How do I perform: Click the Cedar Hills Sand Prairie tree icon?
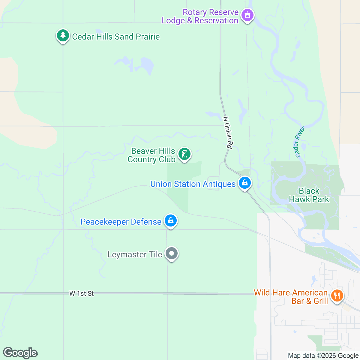click(63, 36)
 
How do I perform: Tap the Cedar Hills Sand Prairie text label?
click(116, 37)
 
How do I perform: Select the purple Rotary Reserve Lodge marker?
click(247, 15)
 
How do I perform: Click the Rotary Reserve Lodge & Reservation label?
click(200, 16)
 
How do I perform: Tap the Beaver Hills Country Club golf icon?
click(184, 154)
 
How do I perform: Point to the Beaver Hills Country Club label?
click(151, 155)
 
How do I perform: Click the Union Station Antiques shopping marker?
click(244, 182)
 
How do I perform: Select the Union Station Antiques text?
click(193, 184)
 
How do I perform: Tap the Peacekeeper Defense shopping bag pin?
click(171, 221)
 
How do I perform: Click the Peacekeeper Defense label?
click(121, 222)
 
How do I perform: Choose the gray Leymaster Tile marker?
click(172, 253)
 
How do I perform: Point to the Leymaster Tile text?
click(135, 254)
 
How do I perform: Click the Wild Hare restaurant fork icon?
click(337, 296)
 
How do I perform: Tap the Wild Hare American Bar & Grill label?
click(291, 297)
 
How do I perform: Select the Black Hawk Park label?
click(309, 195)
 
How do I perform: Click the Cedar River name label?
click(299, 142)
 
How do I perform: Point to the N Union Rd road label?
click(228, 133)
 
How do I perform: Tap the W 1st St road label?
click(82, 293)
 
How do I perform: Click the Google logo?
click(20, 353)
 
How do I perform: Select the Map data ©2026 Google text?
click(323, 356)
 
